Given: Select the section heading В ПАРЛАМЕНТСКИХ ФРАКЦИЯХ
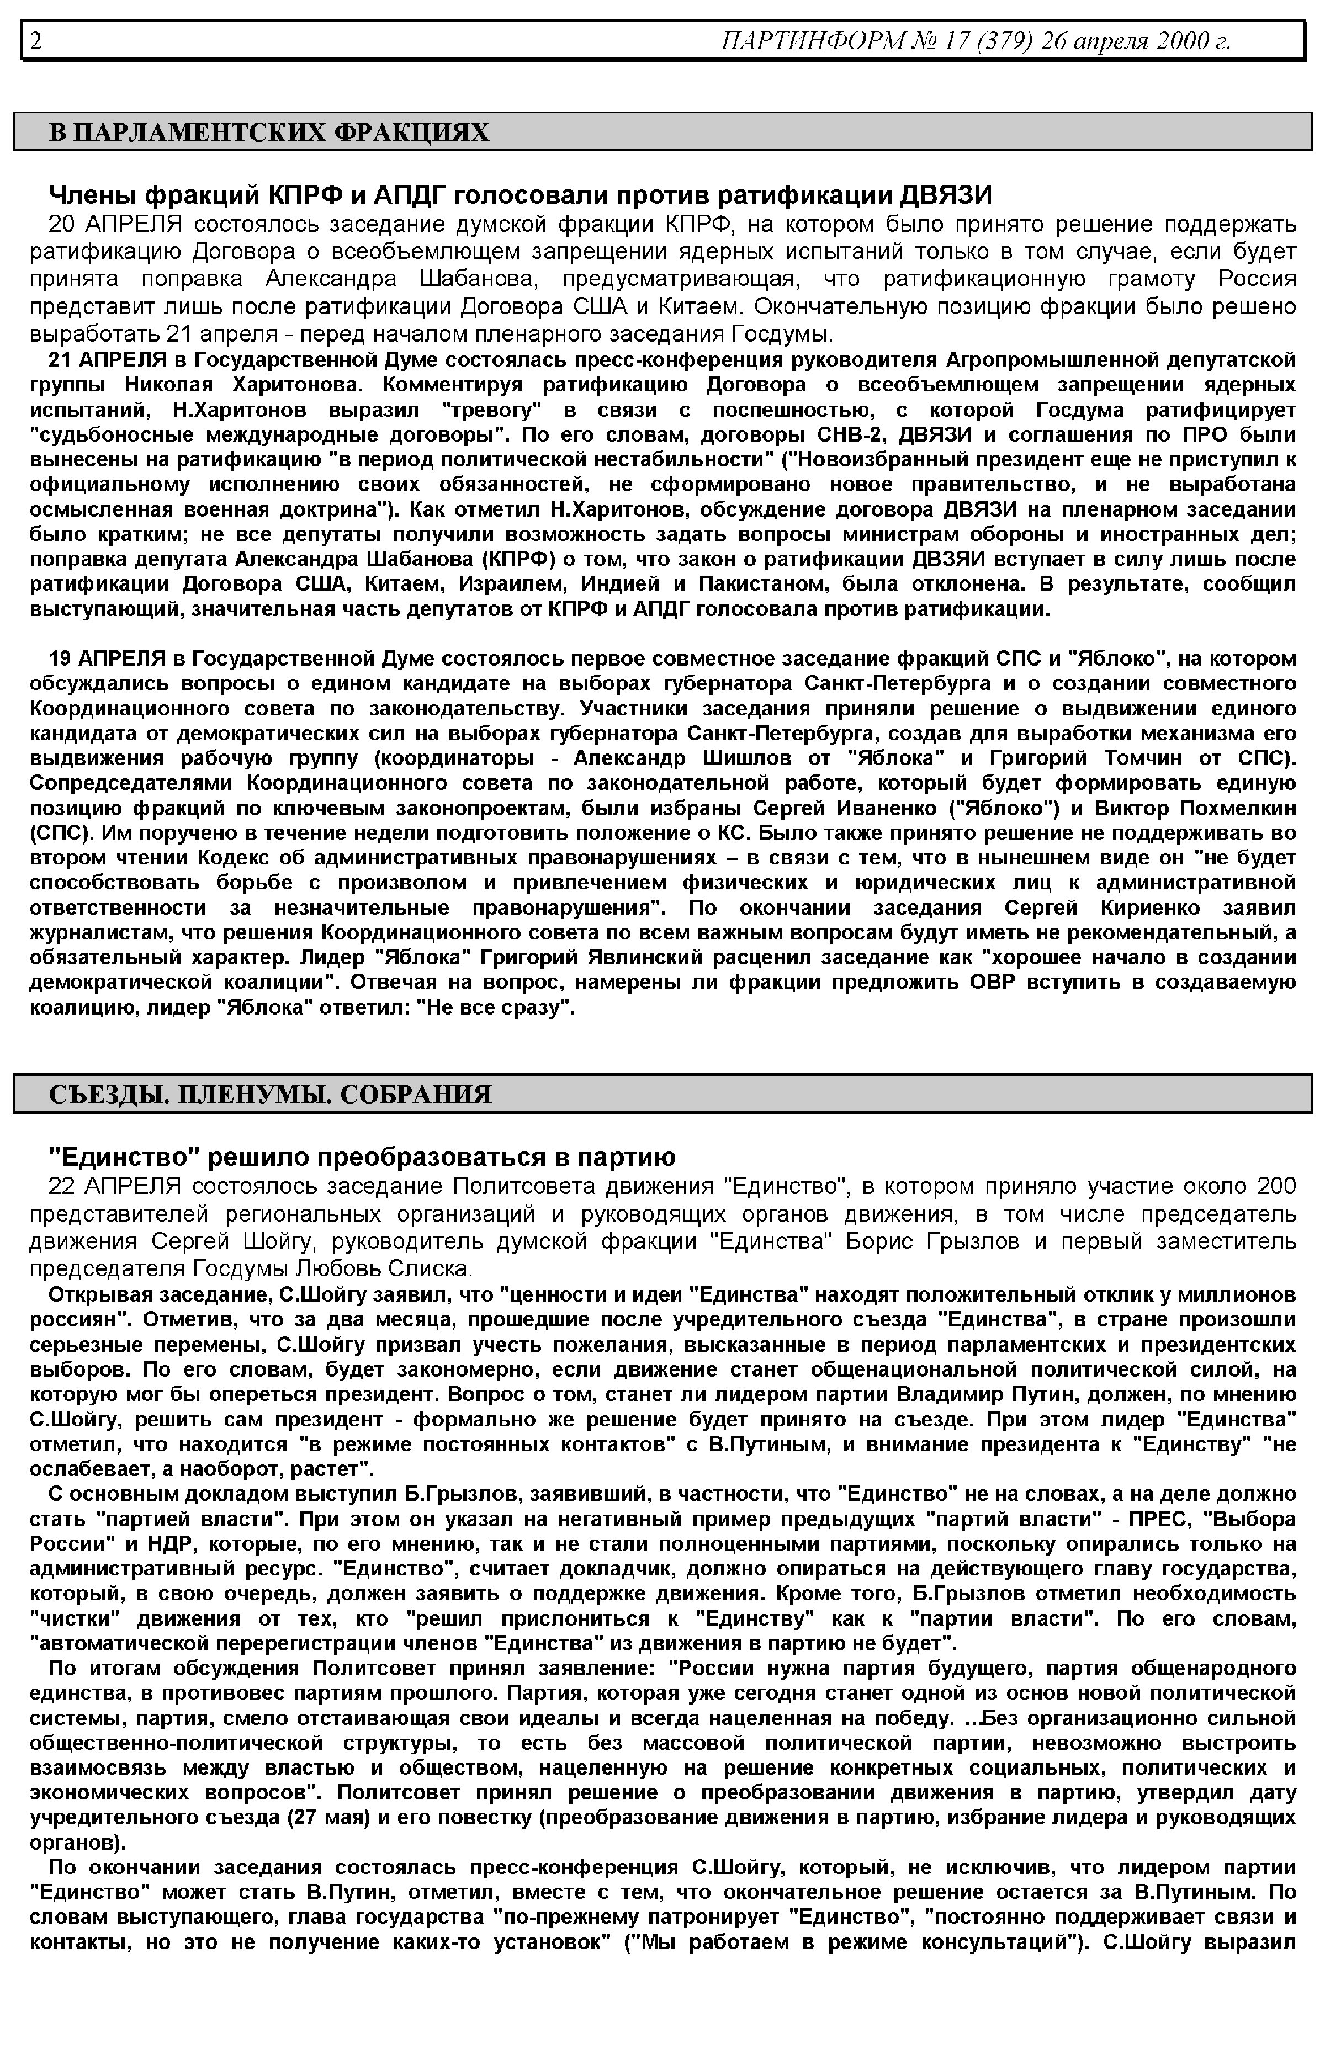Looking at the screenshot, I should click(268, 132).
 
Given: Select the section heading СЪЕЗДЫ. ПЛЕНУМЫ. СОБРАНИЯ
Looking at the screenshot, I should click(269, 1094).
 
